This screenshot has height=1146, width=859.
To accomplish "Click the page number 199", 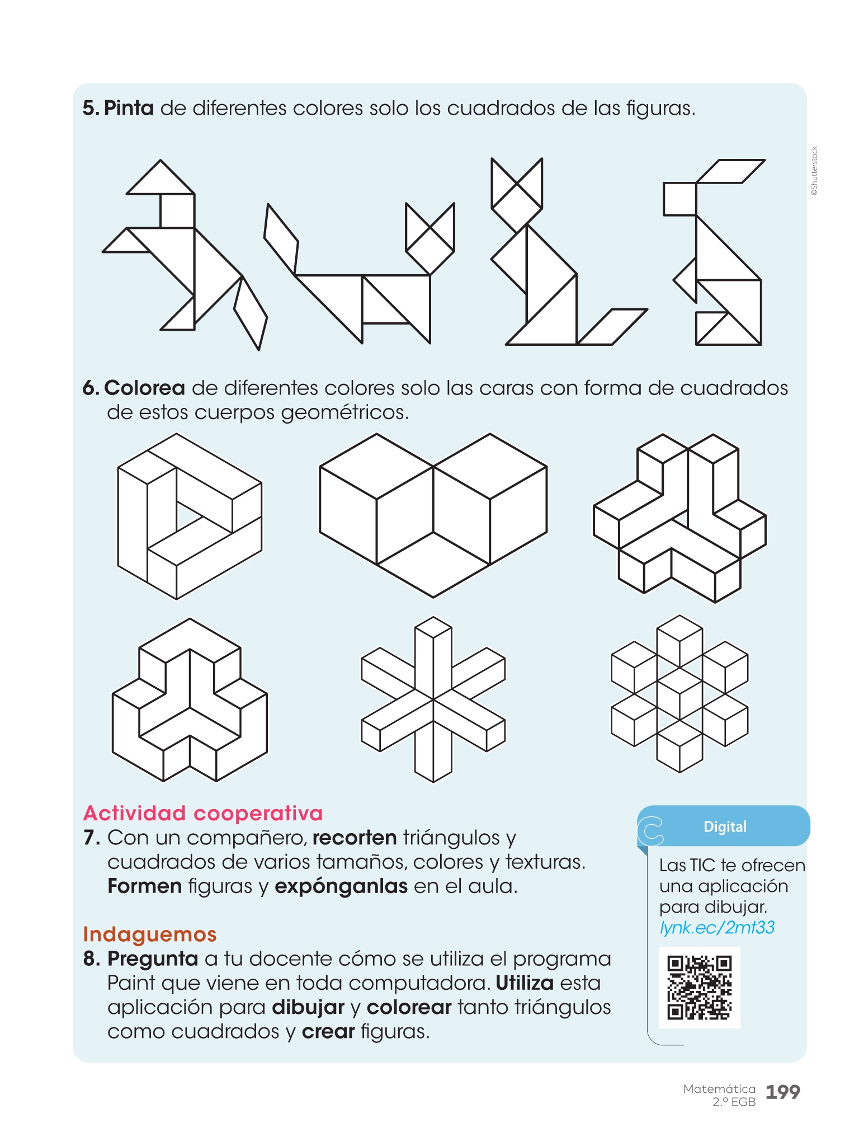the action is (x=782, y=1092).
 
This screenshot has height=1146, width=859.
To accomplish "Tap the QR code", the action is (x=699, y=988).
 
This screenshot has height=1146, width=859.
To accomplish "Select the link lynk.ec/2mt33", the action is (x=717, y=927).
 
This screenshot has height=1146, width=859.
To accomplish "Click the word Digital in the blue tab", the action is (x=725, y=826).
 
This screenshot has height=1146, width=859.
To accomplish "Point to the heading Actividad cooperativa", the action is (x=203, y=813).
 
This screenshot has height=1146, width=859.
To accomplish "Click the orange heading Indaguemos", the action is (x=149, y=934).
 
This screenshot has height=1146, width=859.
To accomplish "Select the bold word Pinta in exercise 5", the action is (x=129, y=107).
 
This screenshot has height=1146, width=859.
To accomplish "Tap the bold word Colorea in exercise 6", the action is (x=144, y=387).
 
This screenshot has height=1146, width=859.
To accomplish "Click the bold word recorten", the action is (x=355, y=838).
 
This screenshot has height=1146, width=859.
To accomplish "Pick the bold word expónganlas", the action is (x=341, y=886).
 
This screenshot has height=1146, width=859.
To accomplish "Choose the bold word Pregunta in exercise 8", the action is (x=153, y=959).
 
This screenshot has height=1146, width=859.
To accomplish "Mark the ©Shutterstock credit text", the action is (x=814, y=171).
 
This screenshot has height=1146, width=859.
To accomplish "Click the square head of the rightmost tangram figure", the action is (x=680, y=199).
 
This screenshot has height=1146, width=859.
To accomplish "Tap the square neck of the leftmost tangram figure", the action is (x=177, y=211).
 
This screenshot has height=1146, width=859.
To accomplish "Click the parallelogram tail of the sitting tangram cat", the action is (x=612, y=327).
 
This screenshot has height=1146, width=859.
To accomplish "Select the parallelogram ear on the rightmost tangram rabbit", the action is (x=730, y=171).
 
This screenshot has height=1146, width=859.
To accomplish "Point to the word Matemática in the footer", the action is (x=719, y=1089).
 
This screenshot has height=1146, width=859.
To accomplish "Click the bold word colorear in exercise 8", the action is (x=409, y=1007).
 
